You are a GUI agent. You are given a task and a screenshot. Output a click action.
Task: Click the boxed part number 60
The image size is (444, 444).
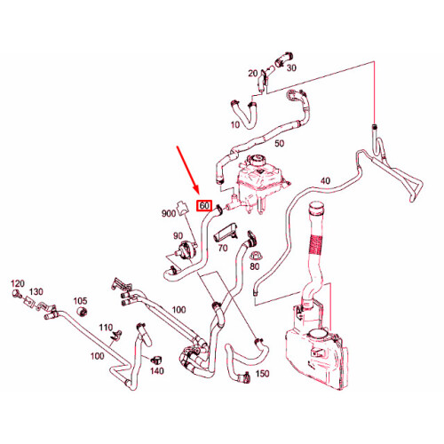point(204,205)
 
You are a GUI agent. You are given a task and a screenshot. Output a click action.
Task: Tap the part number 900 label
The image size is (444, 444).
point(169,213)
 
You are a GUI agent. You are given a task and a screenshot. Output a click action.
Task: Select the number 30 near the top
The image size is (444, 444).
point(291,68)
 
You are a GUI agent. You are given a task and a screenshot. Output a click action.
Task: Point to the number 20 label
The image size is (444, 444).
point(253,73)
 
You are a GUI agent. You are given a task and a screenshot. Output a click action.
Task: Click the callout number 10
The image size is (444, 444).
point(235,124)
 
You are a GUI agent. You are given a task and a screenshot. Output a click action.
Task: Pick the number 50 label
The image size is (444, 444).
point(279,144)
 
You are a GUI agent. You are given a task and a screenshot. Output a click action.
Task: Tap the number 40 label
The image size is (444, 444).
point(325,180)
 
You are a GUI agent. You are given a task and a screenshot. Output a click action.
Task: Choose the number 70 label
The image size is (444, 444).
point(223,248)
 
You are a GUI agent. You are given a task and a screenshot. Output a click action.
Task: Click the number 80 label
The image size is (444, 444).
point(255,266)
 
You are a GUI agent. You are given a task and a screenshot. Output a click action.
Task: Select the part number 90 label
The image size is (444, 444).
point(178,236)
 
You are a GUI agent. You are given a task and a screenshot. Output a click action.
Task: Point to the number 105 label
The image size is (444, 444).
point(80,301)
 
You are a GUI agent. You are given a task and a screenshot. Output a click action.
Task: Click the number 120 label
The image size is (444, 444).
point(18,283)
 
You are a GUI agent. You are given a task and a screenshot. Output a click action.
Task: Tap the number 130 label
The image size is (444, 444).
point(36,292)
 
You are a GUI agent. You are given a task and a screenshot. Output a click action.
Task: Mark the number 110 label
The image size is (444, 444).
point(106,328)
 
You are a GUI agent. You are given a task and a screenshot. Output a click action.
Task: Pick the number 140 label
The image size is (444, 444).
point(157,370)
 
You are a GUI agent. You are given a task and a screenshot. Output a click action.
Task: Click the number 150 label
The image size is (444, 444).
point(262,374)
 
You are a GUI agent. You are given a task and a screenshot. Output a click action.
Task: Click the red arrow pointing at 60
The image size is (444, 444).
point(187,170)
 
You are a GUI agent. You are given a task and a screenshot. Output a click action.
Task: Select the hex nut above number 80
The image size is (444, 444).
point(254,257)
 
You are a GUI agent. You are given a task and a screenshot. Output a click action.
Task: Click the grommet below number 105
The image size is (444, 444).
point(83,312)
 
